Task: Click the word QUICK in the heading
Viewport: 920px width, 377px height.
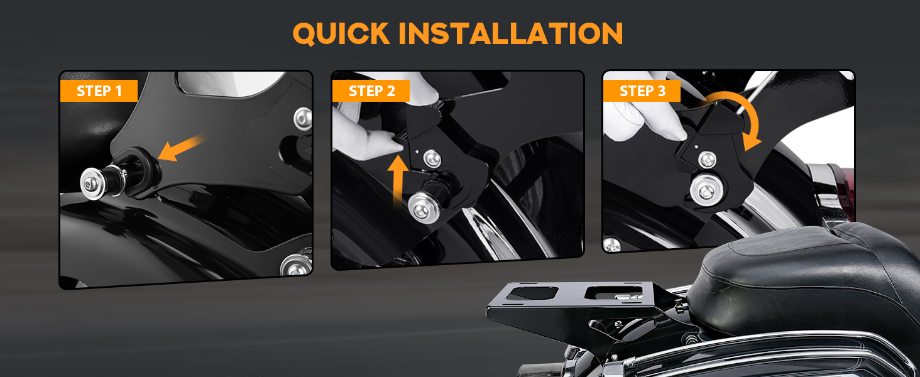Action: (341, 33)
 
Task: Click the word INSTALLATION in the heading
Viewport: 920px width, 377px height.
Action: (511, 33)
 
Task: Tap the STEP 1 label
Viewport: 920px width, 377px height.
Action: (99, 91)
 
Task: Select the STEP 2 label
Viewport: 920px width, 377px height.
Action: (371, 91)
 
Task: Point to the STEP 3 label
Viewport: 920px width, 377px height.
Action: (642, 91)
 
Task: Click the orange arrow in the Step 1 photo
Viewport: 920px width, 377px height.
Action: (180, 148)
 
